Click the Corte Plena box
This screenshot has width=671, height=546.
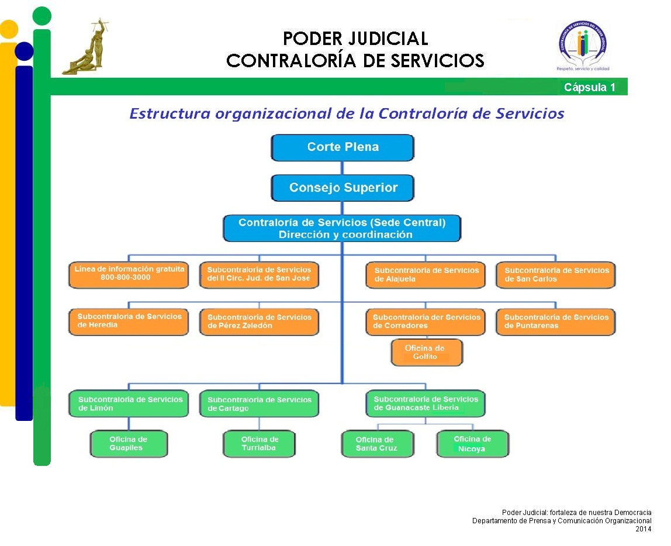point(343,147)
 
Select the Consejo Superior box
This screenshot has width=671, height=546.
point(343,188)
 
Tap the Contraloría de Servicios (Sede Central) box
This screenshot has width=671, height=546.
point(342,229)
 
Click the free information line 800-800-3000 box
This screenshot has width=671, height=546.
point(129,275)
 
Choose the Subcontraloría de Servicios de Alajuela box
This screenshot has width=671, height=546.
point(426,275)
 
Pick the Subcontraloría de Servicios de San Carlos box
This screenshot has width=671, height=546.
point(555,275)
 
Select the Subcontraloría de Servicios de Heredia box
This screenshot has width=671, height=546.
point(129,322)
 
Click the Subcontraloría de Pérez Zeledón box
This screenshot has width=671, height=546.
point(260,322)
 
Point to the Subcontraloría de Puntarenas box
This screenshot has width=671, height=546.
point(555,322)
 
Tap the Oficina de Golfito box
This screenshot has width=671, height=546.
point(426,353)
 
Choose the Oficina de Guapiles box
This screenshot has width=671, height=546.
point(129,444)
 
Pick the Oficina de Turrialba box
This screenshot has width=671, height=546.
point(260,444)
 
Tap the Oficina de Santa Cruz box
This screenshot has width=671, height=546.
point(377,444)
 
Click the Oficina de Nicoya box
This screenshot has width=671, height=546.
point(472,444)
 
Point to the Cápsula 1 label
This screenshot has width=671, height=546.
point(589,88)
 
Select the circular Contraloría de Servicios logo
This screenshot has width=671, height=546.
point(582,46)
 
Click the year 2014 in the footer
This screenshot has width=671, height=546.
point(644,529)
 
